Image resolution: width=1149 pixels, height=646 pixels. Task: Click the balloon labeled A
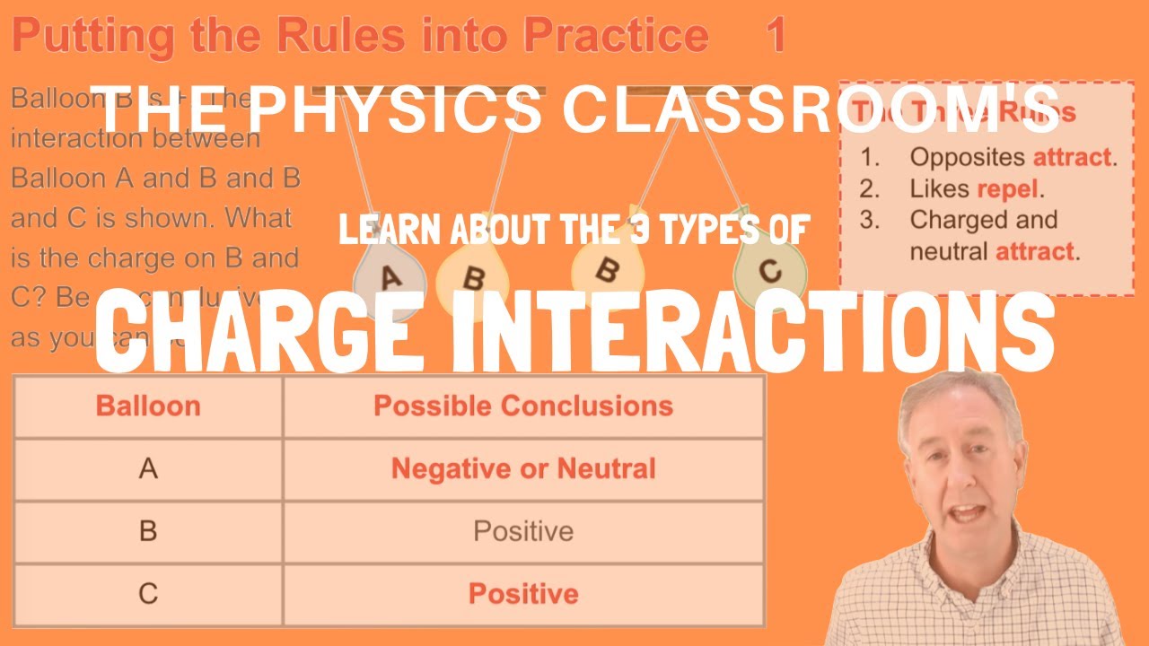(390, 280)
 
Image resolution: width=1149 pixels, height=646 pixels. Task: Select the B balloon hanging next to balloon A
(472, 278)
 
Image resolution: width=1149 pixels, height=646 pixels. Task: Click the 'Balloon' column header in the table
(148, 406)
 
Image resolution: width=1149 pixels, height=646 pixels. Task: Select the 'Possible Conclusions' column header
(523, 406)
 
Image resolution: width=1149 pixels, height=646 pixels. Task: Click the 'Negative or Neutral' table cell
(523, 468)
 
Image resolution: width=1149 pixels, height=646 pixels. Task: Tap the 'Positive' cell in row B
(523, 531)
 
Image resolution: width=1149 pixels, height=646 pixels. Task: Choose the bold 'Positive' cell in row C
(523, 594)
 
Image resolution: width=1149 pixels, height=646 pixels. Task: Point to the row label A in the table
(148, 468)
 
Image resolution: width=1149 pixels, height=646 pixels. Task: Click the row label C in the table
(148, 594)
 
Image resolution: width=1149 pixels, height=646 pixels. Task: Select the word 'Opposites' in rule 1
(968, 157)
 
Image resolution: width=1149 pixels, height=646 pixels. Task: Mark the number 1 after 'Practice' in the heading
(776, 36)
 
